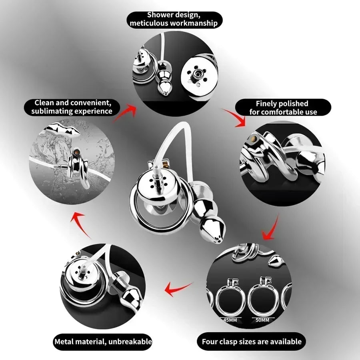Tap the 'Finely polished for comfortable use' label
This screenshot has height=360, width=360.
pos(283,108)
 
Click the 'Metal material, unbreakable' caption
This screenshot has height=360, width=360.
pos(103,342)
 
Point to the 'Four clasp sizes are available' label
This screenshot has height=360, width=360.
pos(252,342)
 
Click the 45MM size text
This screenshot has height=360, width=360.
pos(230,320)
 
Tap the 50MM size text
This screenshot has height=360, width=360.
pos(262,320)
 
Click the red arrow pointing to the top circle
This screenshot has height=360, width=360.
pos(125,112)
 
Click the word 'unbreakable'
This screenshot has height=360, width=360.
pos(130,342)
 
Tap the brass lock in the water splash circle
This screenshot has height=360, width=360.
pos(76,152)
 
